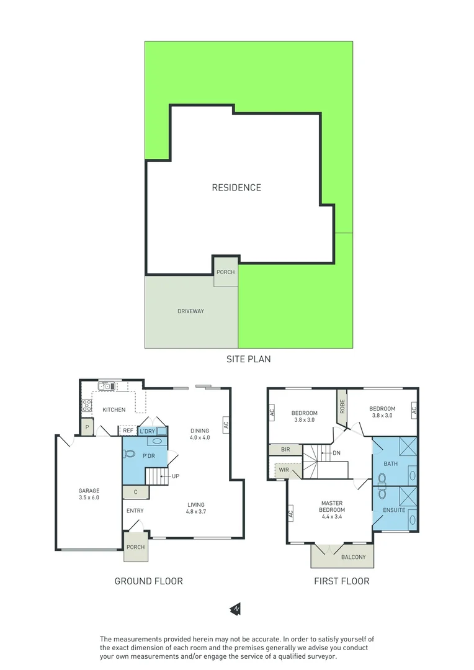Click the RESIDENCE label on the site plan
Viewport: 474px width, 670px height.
pos(236,187)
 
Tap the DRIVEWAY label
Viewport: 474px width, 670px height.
pos(190,311)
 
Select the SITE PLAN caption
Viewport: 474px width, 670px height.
pos(248,359)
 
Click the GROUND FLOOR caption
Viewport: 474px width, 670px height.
pos(148,581)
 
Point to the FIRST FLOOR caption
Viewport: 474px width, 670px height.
pos(342,581)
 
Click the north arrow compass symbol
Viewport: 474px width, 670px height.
pos(236,609)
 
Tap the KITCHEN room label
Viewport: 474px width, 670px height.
pos(114,409)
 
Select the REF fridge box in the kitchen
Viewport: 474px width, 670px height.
pos(127,431)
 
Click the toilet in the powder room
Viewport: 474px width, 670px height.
pos(129,453)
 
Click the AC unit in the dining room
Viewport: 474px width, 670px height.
pos(226,426)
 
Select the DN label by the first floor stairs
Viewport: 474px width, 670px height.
pos(336,453)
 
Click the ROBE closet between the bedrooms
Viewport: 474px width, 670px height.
pos(341,406)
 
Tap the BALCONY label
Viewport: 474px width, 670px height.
pos(353,557)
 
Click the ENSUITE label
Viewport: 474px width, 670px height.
pos(394,510)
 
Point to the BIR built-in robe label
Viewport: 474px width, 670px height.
pos(285,449)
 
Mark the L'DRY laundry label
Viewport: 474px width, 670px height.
pos(147,431)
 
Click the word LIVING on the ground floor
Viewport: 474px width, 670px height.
pos(195,504)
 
